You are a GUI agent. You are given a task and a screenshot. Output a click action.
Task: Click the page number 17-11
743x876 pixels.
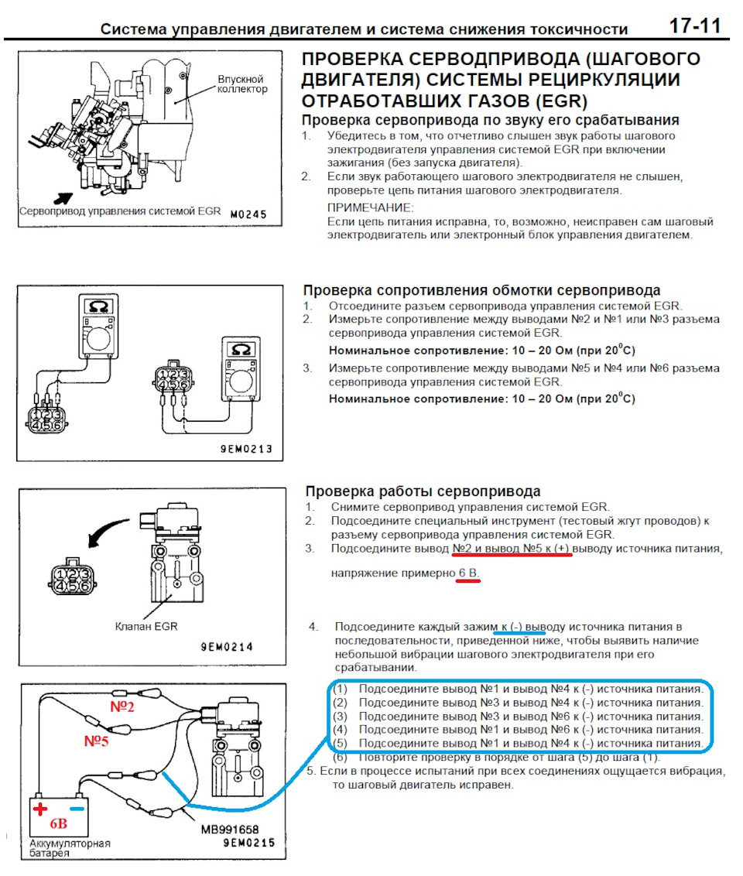click(694, 26)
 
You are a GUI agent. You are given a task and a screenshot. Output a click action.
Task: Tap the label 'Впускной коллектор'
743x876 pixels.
click(241, 84)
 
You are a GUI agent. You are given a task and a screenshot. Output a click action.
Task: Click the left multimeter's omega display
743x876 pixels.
click(98, 308)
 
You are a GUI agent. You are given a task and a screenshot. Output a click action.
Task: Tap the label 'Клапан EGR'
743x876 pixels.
click(146, 626)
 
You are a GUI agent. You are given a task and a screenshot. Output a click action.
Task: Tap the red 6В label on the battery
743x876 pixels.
click(60, 823)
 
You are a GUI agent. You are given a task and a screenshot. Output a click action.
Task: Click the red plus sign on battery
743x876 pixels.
click(40, 809)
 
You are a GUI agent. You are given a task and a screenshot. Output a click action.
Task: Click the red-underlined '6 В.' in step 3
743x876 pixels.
click(467, 573)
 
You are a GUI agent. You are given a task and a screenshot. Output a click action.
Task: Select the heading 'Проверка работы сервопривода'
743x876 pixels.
click(423, 491)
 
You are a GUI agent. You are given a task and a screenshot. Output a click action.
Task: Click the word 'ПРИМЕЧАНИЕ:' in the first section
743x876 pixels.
click(370, 207)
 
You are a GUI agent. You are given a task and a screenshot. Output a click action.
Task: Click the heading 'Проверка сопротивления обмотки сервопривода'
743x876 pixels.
click(481, 290)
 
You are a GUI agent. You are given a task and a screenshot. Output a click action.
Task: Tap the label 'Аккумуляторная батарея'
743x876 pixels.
click(70, 847)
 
